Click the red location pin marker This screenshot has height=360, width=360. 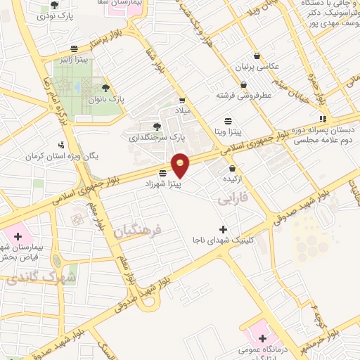[x=181, y=165]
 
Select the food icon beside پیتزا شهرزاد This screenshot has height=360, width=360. [x=163, y=172]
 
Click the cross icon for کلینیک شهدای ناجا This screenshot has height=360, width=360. [x=223, y=229]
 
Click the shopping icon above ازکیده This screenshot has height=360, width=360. [x=233, y=168]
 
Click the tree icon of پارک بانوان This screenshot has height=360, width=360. [x=105, y=88]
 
